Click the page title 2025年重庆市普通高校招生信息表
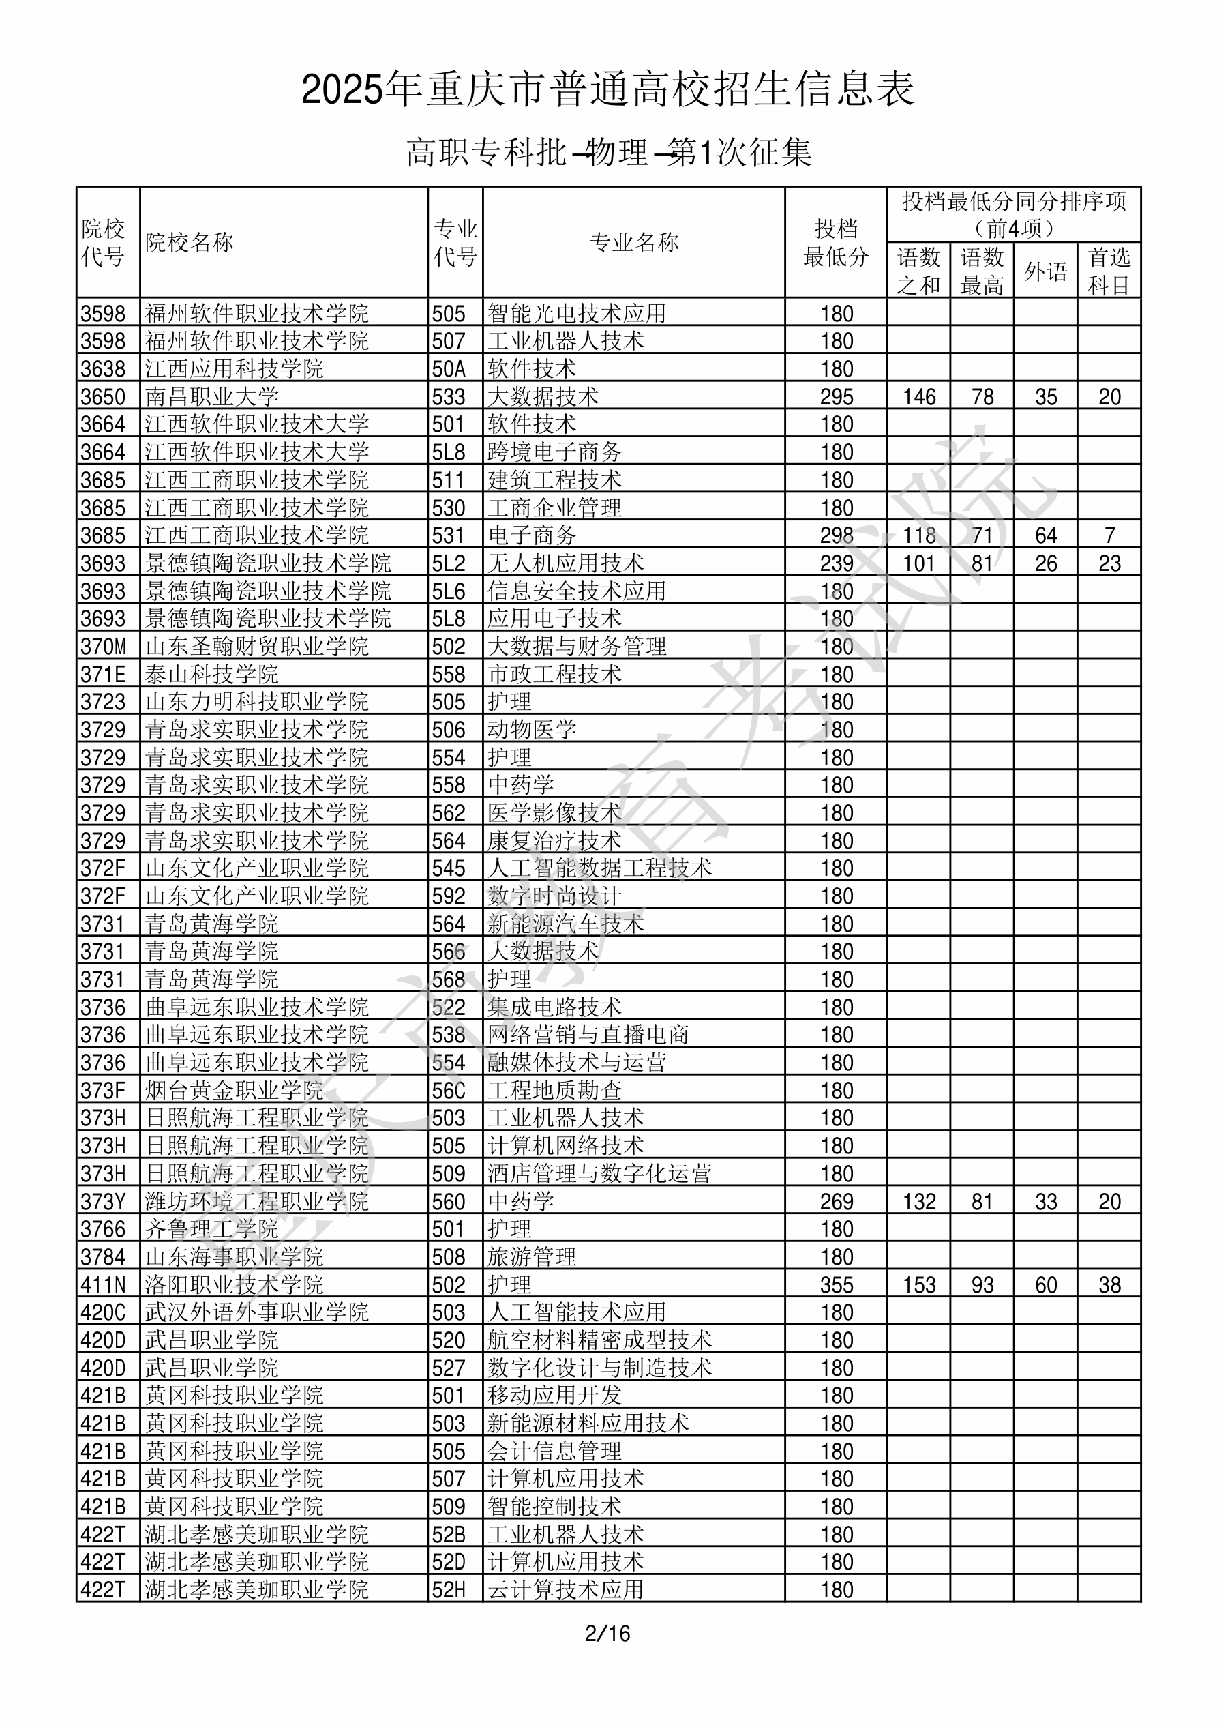point(607,90)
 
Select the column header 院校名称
point(190,242)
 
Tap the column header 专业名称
point(634,242)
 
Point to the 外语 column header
point(1046,271)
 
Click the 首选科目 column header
point(1109,271)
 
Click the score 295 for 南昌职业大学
point(837,397)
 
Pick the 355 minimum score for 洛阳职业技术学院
point(837,1284)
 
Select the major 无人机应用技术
point(566,563)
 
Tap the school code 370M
point(104,646)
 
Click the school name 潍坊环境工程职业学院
point(256,1201)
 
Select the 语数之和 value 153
point(919,1284)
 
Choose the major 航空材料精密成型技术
point(599,1340)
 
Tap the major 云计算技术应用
point(566,1589)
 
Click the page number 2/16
point(607,1633)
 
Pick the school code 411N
point(104,1284)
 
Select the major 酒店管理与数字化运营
point(599,1174)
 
